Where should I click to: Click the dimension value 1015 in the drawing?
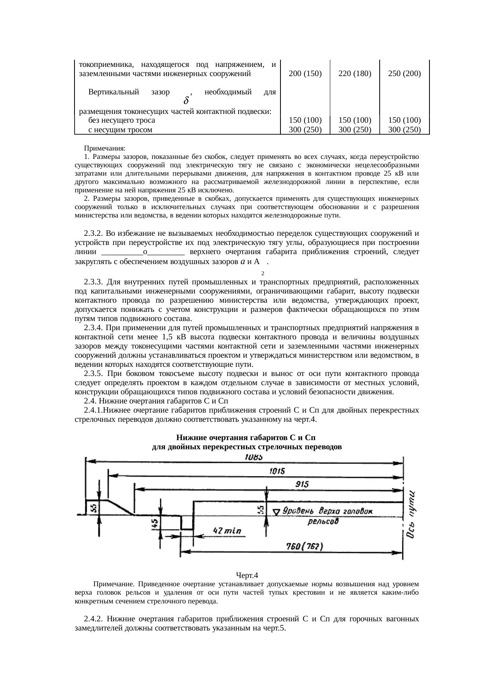pyautogui.click(x=277, y=471)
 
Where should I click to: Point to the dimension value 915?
pyautogui.click(x=302, y=484)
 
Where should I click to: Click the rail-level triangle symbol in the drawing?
pyautogui.click(x=276, y=511)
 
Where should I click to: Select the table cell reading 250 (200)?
pyautogui.click(x=405, y=73)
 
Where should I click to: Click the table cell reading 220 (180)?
pyautogui.click(x=355, y=73)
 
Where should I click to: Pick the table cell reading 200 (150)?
pyautogui.click(x=305, y=73)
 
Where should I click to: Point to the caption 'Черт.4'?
pyautogui.click(x=247, y=575)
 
